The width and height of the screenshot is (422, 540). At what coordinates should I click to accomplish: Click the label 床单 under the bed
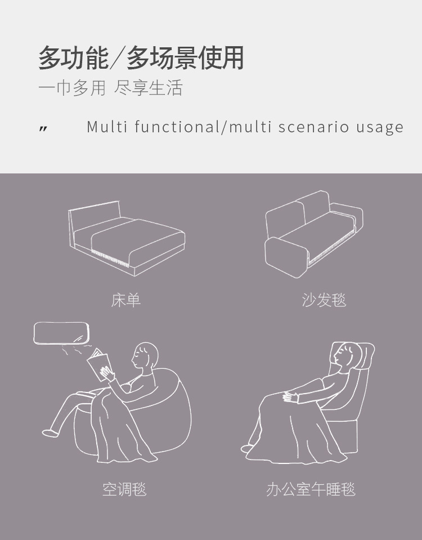click(125, 300)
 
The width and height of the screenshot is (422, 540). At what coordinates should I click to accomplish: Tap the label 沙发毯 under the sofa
click(324, 300)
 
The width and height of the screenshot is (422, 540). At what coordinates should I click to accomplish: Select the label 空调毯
click(124, 489)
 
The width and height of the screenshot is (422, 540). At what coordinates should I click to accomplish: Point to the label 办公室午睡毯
click(311, 489)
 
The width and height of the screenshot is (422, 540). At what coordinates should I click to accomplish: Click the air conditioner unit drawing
click(61, 333)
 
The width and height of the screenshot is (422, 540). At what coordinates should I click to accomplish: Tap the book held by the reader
click(99, 364)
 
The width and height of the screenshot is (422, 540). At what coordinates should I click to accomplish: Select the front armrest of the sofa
click(286, 257)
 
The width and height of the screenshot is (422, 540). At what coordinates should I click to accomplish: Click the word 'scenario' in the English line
click(314, 127)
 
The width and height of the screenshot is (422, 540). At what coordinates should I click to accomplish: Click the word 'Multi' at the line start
click(107, 127)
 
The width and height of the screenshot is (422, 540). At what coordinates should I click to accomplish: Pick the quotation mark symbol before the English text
click(43, 129)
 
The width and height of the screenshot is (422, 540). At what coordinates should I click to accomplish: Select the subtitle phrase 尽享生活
click(148, 87)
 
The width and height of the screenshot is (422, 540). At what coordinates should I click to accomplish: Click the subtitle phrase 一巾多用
click(72, 87)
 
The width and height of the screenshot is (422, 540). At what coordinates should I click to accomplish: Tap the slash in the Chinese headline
click(118, 58)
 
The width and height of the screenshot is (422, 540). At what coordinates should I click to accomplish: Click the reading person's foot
click(48, 432)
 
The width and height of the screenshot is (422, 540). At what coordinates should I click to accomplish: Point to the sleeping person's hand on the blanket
click(290, 397)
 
